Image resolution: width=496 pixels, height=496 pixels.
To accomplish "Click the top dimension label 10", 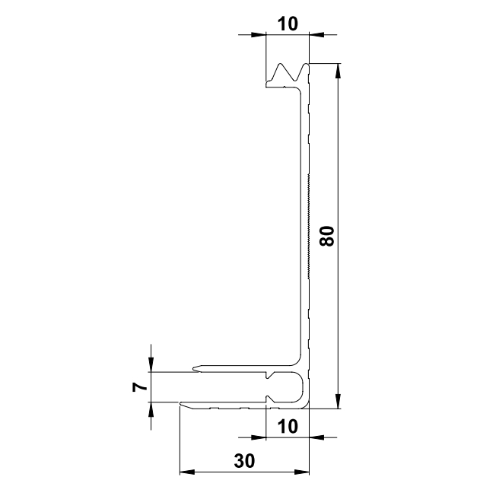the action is (288, 24).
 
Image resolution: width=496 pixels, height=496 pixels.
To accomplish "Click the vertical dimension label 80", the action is (327, 236).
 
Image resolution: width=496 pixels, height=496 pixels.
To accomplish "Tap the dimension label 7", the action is (140, 387).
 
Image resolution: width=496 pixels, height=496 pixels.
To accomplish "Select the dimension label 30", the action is (244, 460).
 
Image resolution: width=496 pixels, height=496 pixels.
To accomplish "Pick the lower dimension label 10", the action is (288, 427).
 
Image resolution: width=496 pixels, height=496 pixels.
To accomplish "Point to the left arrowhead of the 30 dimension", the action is (187, 472).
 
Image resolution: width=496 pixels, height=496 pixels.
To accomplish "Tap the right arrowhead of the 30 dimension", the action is (302, 472).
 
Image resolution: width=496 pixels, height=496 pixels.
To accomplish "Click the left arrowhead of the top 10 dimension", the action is (259, 34).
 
